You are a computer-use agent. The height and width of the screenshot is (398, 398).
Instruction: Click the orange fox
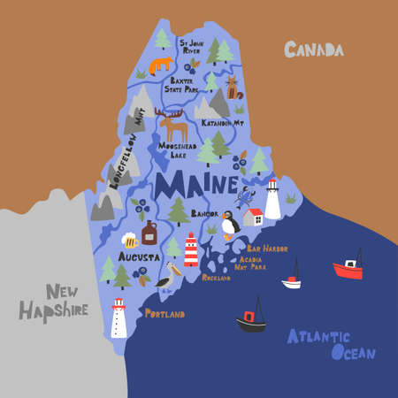tap(161, 65)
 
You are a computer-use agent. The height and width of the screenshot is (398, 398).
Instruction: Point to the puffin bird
tap(230, 226)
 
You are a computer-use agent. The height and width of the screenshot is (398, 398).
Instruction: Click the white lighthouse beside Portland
tap(119, 318)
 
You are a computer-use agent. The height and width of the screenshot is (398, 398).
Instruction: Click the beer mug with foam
tap(130, 239)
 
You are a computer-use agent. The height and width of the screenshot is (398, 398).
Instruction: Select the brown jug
tap(149, 233)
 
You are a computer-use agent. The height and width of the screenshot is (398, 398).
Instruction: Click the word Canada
tap(313, 50)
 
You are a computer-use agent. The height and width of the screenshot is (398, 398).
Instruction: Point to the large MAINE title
tap(195, 186)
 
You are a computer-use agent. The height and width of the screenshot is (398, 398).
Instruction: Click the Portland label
tap(165, 314)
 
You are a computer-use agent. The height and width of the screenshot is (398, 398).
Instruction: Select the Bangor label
tap(204, 214)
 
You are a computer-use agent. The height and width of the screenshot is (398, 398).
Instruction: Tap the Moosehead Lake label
tap(178, 149)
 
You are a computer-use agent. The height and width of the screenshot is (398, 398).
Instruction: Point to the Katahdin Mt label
tap(223, 123)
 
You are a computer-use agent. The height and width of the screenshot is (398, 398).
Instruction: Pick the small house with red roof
tap(252, 217)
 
